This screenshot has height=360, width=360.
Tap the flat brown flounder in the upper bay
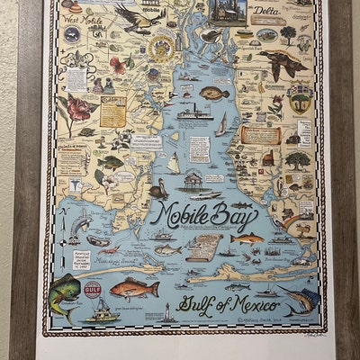[213, 93]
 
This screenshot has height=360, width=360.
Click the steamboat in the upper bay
[194, 112]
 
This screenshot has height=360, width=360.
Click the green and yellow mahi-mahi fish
[65, 289]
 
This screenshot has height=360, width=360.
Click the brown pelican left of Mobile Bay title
[158, 190]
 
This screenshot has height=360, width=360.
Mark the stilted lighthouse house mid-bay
[192, 181]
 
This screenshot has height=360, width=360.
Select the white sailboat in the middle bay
[174, 163]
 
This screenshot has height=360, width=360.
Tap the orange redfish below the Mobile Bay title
[245, 239]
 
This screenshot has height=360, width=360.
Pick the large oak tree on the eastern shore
[298, 161]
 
